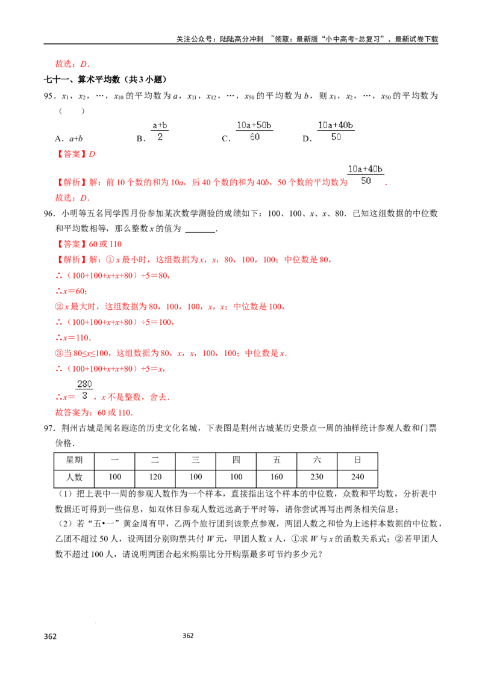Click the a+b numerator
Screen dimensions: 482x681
[x=161, y=125]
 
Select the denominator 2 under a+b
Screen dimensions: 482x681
[x=160, y=137]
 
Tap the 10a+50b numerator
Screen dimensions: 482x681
[x=254, y=125]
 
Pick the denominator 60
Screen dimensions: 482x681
[x=254, y=137]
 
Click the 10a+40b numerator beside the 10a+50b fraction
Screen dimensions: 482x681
[x=336, y=125]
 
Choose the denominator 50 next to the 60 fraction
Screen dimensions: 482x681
[x=336, y=137]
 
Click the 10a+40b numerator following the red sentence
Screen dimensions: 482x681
[x=366, y=169]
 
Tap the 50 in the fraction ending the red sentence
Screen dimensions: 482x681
[x=366, y=181]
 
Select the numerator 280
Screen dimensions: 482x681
[x=84, y=384]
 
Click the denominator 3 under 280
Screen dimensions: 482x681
[x=84, y=396]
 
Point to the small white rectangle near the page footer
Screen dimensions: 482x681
[x=51, y=642]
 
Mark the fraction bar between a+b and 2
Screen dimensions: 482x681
[x=161, y=131]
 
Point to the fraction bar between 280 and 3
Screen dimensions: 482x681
[x=84, y=390]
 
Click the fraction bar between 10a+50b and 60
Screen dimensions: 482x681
[x=254, y=131]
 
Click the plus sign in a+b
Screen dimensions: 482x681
[x=161, y=125]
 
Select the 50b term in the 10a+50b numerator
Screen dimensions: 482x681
[x=263, y=125]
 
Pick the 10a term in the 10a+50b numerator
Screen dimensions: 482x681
[x=243, y=125]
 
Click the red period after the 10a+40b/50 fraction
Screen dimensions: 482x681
[x=387, y=185]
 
